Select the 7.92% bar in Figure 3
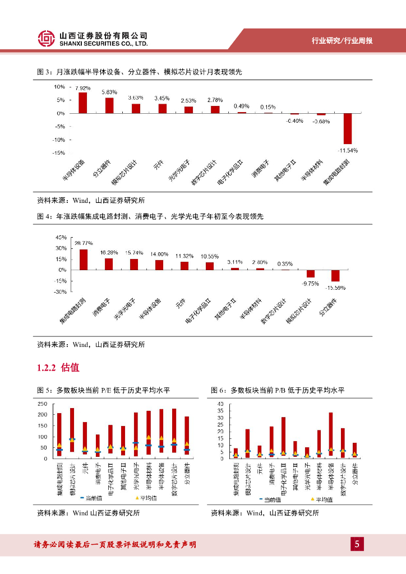(x=83, y=103)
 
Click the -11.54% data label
(x=348, y=150)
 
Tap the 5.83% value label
(x=109, y=92)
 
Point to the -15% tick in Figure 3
(x=59, y=152)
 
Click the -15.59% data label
(x=335, y=288)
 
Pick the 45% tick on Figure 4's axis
(x=60, y=238)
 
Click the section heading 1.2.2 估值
(x=58, y=368)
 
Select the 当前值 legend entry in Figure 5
(x=93, y=498)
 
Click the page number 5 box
(x=357, y=544)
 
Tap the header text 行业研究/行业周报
(x=342, y=41)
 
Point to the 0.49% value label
(x=241, y=106)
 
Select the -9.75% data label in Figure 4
(x=310, y=284)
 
